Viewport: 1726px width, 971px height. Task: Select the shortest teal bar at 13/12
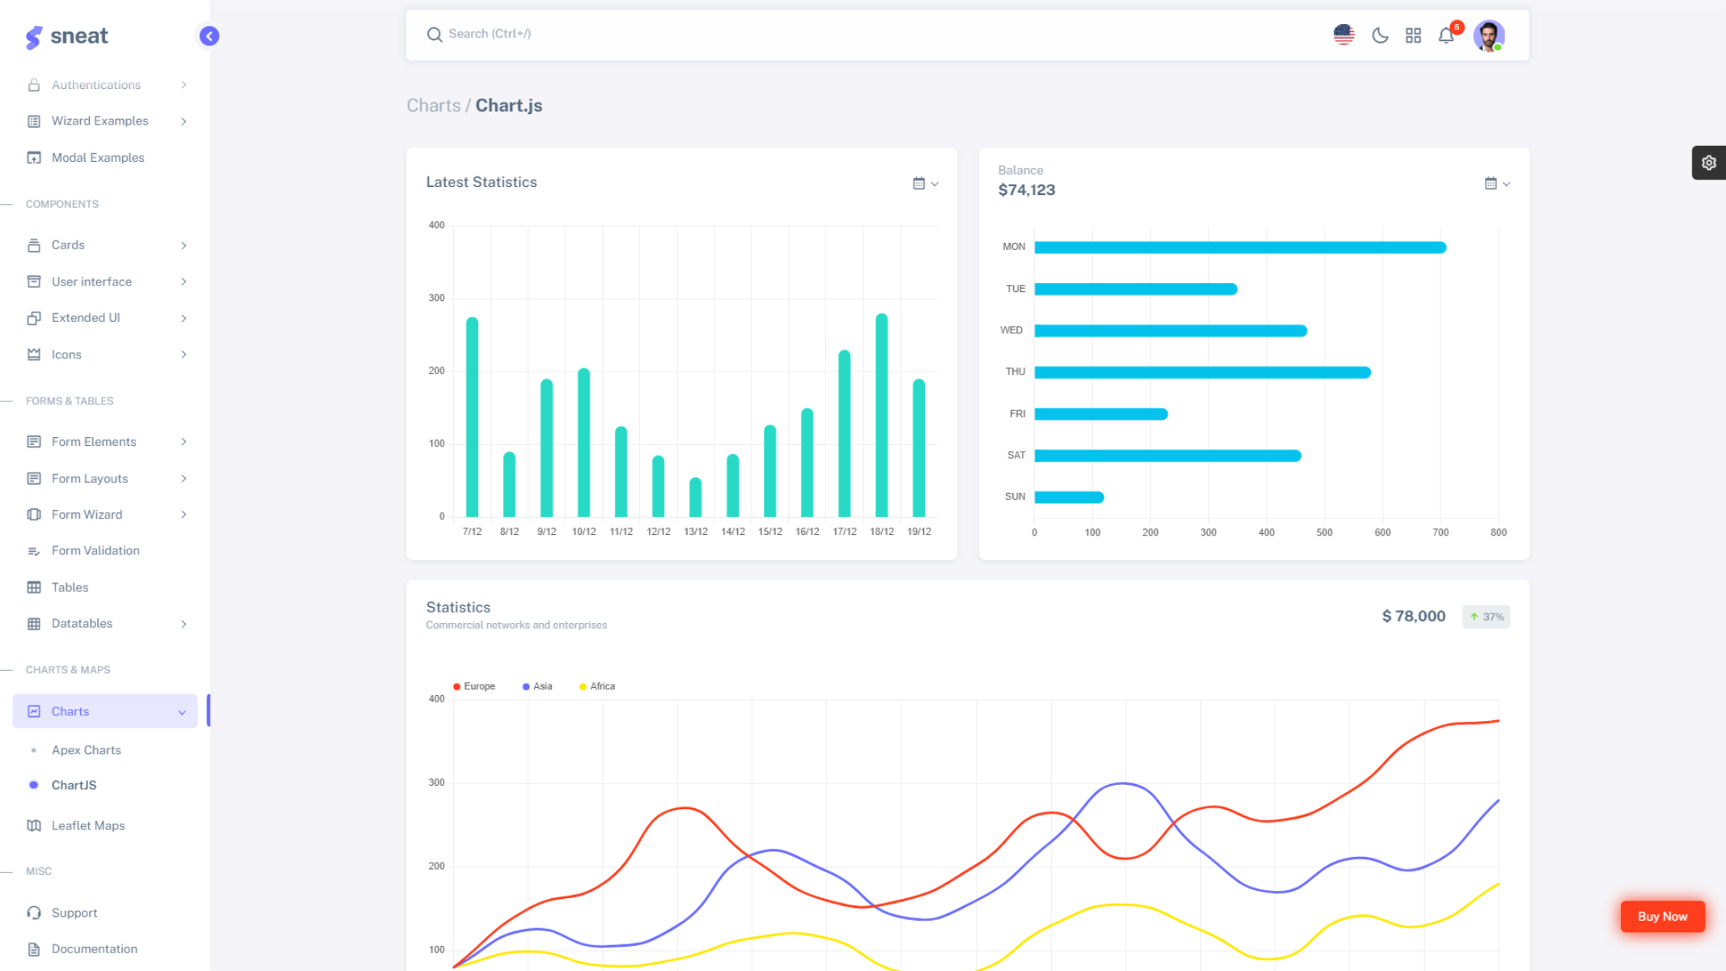coord(695,497)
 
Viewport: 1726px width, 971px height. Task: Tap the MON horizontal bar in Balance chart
coord(1239,248)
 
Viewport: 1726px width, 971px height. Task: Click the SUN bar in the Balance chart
coord(1068,497)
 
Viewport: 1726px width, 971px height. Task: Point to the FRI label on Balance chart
coord(1017,413)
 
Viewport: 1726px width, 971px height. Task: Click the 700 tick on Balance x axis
coord(1440,532)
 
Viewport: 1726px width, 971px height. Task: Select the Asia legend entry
coord(537,686)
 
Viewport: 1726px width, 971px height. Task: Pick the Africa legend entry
coord(597,686)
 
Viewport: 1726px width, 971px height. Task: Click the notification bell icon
coord(1446,36)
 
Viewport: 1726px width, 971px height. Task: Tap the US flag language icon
coord(1343,35)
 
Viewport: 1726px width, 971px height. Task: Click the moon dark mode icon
coord(1380,36)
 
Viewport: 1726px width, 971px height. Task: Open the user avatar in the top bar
coord(1488,36)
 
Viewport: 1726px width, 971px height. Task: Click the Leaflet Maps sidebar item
coord(87,825)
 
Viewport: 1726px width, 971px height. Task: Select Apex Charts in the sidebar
coord(86,750)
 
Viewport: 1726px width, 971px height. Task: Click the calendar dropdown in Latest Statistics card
coord(925,184)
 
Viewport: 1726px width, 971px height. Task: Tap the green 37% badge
coord(1486,617)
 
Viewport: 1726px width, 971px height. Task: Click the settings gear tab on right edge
coord(1708,163)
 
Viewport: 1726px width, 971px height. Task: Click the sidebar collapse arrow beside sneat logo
coord(209,36)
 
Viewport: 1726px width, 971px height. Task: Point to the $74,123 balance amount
coord(1026,190)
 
